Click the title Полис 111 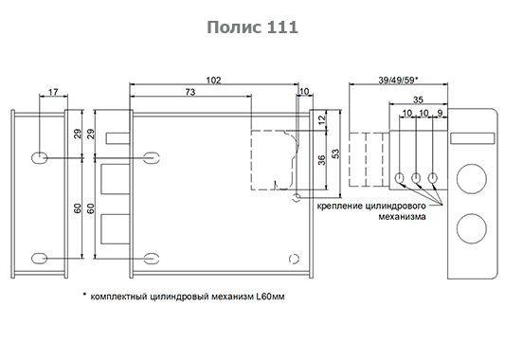tap(252, 27)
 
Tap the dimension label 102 tap(213, 81)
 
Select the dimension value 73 tap(190, 92)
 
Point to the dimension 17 tap(53, 93)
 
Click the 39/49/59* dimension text tap(398, 81)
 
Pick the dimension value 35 tap(418, 99)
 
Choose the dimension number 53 tap(335, 153)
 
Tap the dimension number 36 tap(322, 160)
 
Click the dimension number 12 tap(322, 120)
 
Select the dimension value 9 tap(440, 114)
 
